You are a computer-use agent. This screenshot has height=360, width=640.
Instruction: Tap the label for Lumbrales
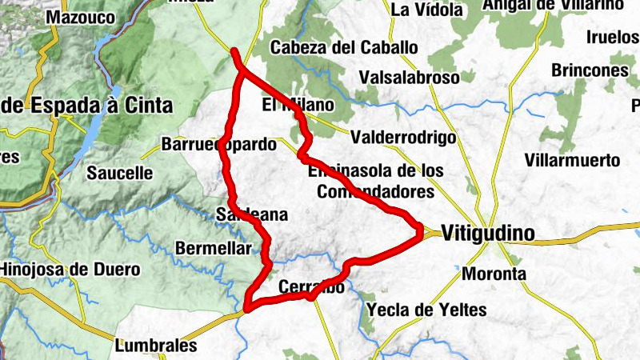click(x=156, y=346)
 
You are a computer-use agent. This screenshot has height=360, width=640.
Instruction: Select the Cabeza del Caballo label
click(x=344, y=48)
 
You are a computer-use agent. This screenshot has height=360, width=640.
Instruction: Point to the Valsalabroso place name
click(x=409, y=78)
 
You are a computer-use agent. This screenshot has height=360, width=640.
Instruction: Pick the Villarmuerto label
click(x=573, y=161)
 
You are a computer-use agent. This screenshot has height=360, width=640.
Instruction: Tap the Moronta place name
click(x=494, y=274)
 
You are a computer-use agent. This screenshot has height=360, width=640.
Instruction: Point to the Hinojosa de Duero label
click(x=70, y=270)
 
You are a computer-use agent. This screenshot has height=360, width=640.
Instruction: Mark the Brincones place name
click(x=590, y=70)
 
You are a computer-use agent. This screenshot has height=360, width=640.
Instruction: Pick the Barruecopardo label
click(x=218, y=146)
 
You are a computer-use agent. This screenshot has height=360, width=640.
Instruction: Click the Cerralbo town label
click(x=312, y=286)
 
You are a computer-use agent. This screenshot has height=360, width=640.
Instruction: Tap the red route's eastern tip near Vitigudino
click(x=420, y=230)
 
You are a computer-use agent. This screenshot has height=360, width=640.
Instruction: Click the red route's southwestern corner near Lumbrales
click(x=248, y=306)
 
